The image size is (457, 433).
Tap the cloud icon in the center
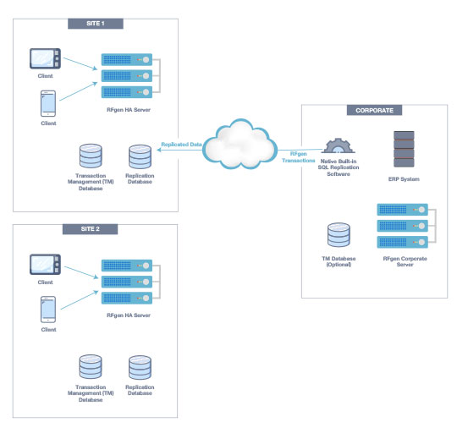click(x=243, y=145)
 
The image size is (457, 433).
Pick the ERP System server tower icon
click(x=403, y=150)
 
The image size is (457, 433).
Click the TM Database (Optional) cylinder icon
click(x=339, y=236)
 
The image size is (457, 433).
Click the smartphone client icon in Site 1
click(x=47, y=103)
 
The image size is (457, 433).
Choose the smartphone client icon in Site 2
click(x=47, y=310)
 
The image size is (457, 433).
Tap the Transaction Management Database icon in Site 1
click(x=90, y=157)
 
